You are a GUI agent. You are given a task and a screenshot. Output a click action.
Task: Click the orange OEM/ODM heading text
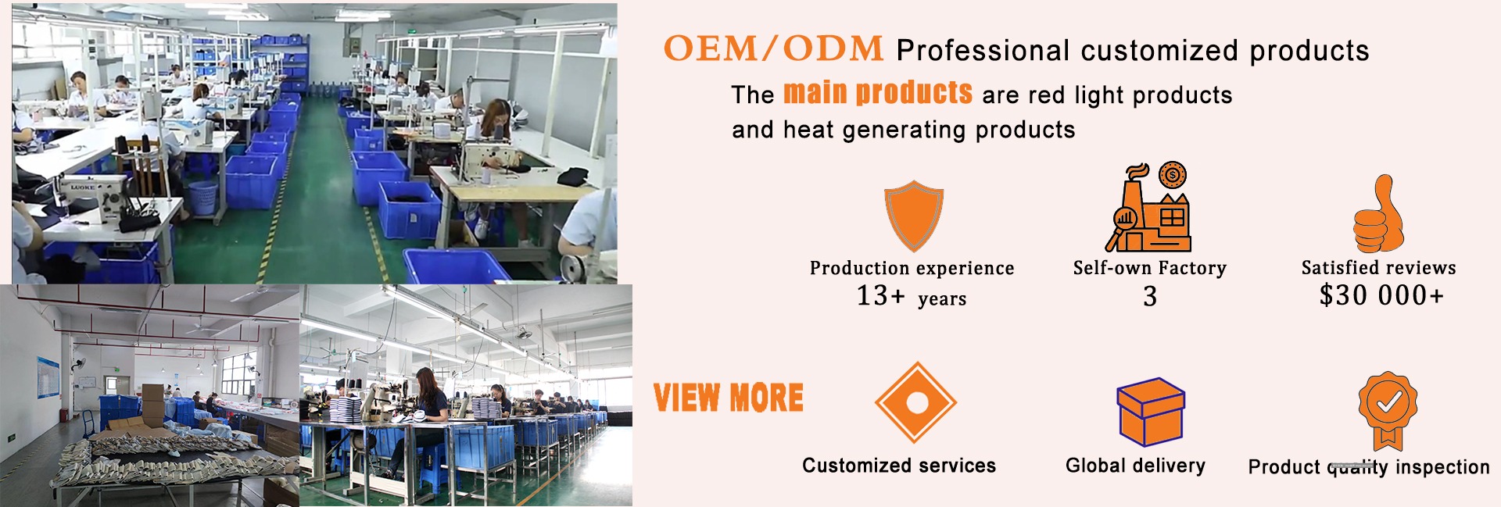click(x=773, y=48)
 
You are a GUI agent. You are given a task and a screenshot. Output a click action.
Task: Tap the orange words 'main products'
click(x=878, y=92)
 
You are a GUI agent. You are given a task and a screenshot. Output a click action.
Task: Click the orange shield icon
click(x=913, y=215)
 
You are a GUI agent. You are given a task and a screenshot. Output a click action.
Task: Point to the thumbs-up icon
click(x=1378, y=213)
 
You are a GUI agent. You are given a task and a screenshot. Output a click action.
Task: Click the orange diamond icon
click(x=915, y=402)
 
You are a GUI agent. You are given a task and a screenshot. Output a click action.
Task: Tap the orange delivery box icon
click(x=1150, y=412)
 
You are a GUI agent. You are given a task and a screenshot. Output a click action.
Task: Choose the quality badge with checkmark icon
click(x=1388, y=409)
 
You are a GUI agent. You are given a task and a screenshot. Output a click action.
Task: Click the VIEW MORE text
click(x=729, y=398)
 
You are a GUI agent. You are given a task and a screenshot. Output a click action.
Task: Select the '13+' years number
click(x=881, y=295)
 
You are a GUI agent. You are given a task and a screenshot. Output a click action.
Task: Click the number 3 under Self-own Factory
click(x=1150, y=296)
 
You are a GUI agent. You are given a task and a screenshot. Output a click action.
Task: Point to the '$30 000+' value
click(x=1381, y=295)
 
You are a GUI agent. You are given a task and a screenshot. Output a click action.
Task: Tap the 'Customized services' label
click(x=899, y=466)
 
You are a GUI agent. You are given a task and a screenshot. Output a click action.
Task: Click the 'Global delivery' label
click(x=1135, y=466)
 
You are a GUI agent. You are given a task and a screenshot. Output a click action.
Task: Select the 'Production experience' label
click(x=912, y=268)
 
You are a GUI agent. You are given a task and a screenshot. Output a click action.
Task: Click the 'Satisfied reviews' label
click(x=1378, y=267)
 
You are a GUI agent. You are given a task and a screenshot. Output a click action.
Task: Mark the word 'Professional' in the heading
click(x=983, y=51)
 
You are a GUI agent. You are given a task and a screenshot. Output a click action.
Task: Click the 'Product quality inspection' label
click(x=1369, y=467)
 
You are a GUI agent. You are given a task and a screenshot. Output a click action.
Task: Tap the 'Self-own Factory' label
click(x=1150, y=268)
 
